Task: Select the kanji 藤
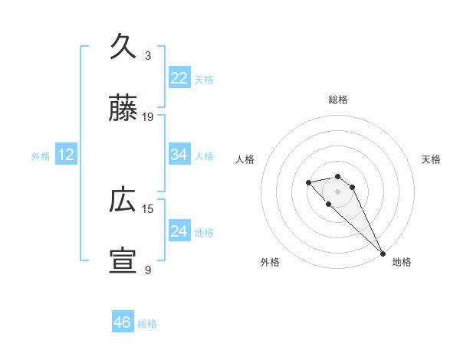pos(123,110)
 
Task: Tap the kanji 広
pos(123,201)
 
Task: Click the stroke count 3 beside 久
pos(148,56)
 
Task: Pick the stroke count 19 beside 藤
pos(148,117)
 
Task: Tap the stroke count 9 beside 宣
pos(148,270)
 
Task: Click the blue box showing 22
pos(179,78)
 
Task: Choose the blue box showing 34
pos(179,155)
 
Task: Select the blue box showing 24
pos(179,231)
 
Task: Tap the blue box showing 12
pos(66,155)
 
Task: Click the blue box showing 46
pos(123,323)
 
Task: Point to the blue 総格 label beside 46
pos(147,324)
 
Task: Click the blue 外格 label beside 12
pos(41,155)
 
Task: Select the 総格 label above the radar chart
pos(338,100)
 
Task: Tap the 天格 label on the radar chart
pos(431,159)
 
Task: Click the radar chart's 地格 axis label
pos(402,262)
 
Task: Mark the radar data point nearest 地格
pos(382,253)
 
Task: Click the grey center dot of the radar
pos(337,191)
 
